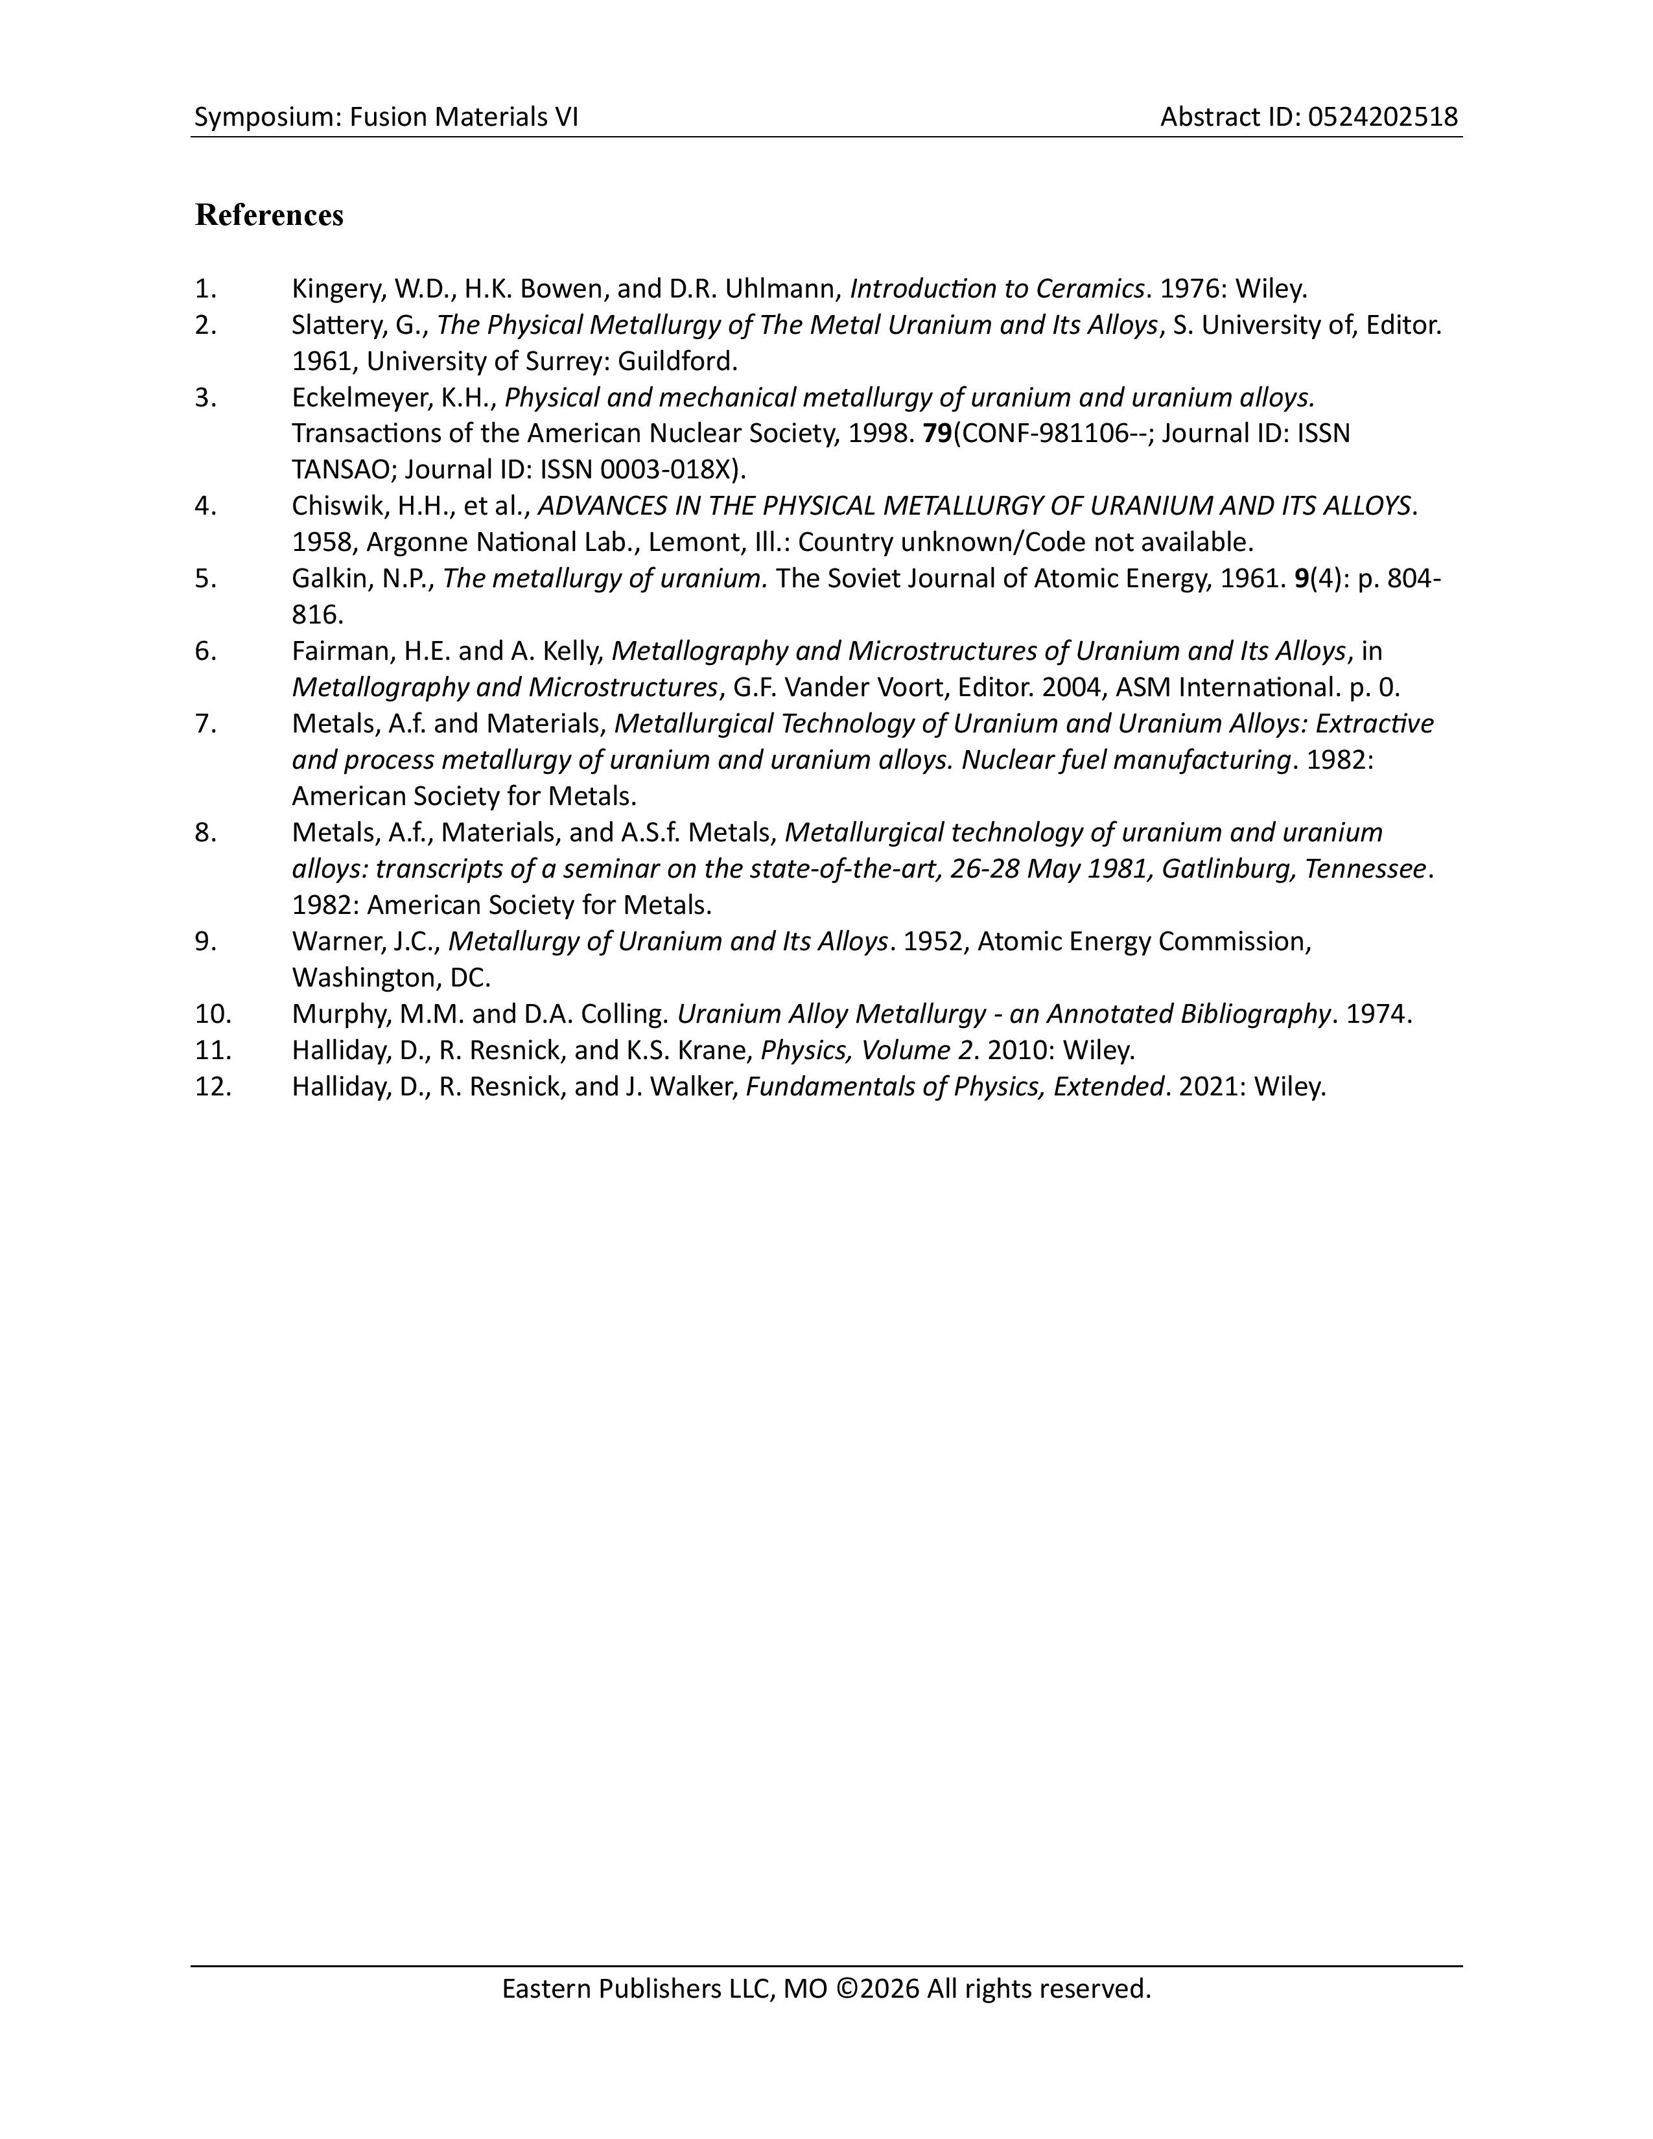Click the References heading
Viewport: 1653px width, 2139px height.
tap(269, 215)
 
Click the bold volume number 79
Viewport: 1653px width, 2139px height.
tap(936, 434)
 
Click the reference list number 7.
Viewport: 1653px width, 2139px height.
tap(205, 724)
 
